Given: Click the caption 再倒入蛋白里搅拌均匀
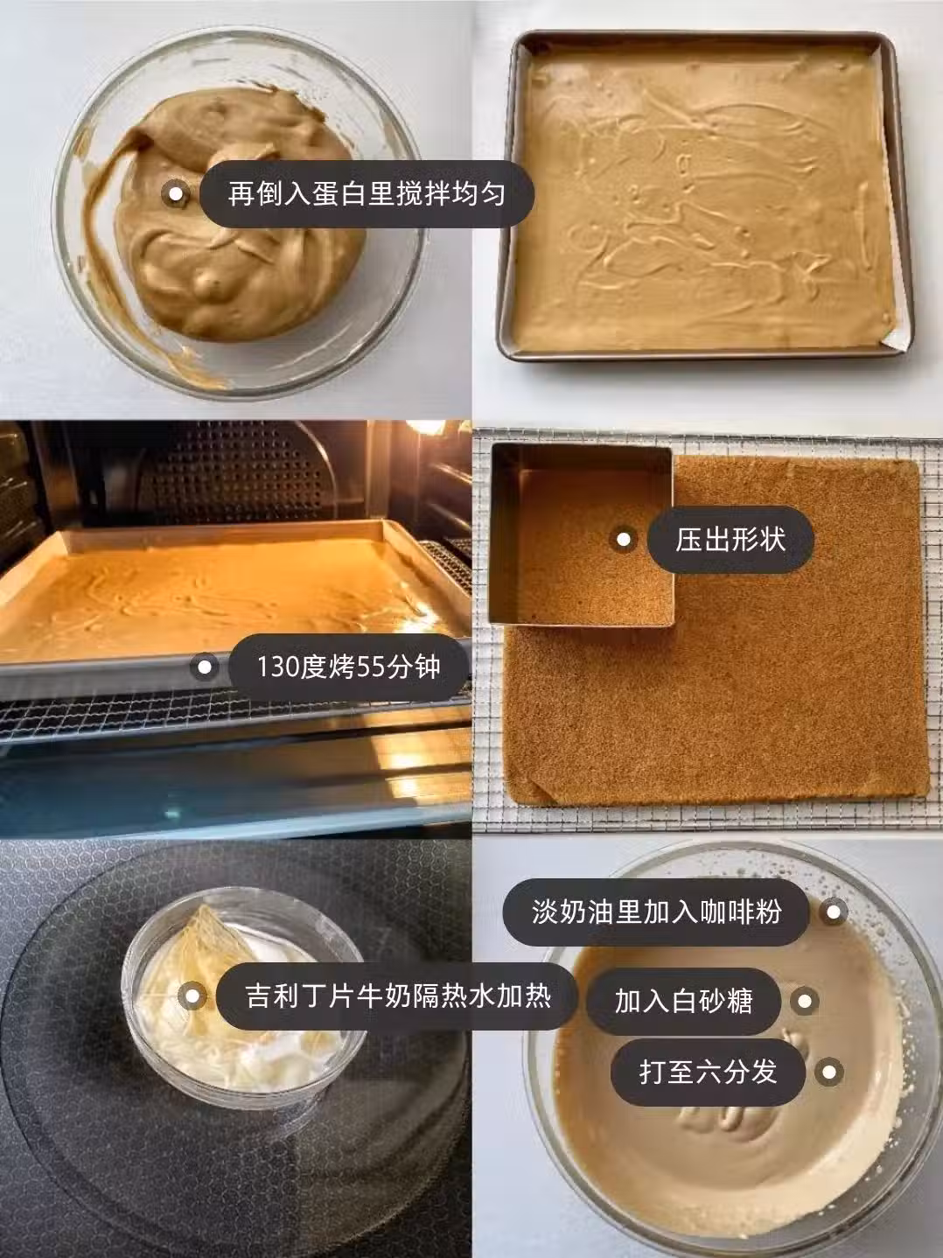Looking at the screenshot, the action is coord(367,193).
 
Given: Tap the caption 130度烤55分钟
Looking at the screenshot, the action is coord(348,667).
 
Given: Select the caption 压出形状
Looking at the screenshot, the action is coord(730,539).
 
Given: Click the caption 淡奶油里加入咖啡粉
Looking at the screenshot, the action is coord(656,912).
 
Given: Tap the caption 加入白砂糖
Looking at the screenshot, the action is coord(683,1002).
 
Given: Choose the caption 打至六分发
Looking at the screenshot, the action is coord(708,1072).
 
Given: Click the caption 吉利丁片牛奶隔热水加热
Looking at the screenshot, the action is coord(398,996).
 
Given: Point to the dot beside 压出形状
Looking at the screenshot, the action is coord(624,539).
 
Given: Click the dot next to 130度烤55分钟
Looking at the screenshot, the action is coord(205,667).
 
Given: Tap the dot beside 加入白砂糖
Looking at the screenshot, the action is coord(805,1002).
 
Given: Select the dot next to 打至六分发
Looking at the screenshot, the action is coord(829,1072).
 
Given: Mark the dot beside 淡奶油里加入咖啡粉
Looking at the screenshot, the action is coord(833,912).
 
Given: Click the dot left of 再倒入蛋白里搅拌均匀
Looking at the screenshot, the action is coord(175,193).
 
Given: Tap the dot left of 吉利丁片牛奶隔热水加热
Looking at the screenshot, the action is coord(192,996).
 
